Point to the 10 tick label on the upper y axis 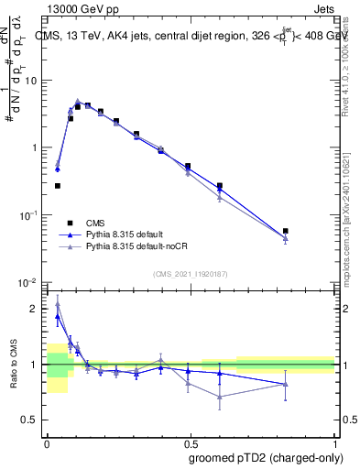click(30, 81)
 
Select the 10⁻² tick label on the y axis click(27, 281)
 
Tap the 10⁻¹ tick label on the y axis click(27, 214)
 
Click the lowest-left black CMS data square click(58, 186)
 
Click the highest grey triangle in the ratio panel click(58, 303)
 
